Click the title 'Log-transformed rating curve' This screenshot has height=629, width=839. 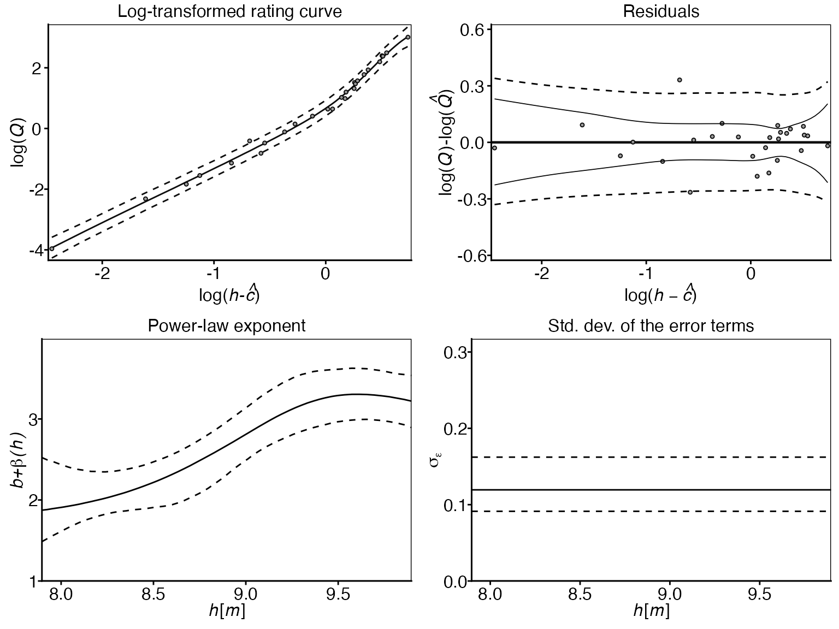click(229, 11)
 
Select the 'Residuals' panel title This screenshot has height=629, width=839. click(661, 11)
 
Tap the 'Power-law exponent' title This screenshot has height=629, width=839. click(226, 326)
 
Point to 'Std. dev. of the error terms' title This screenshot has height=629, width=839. click(651, 326)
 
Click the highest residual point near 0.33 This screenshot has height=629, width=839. click(680, 80)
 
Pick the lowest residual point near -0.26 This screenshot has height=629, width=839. click(690, 192)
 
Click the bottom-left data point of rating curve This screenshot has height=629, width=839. click(52, 248)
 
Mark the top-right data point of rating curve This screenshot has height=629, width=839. click(407, 37)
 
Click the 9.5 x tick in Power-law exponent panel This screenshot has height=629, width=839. click(338, 594)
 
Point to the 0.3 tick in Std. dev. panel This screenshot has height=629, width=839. click(455, 353)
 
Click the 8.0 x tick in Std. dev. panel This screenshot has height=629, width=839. click(490, 594)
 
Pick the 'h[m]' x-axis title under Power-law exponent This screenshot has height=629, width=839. click(227, 610)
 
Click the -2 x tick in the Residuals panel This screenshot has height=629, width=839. click(541, 273)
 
